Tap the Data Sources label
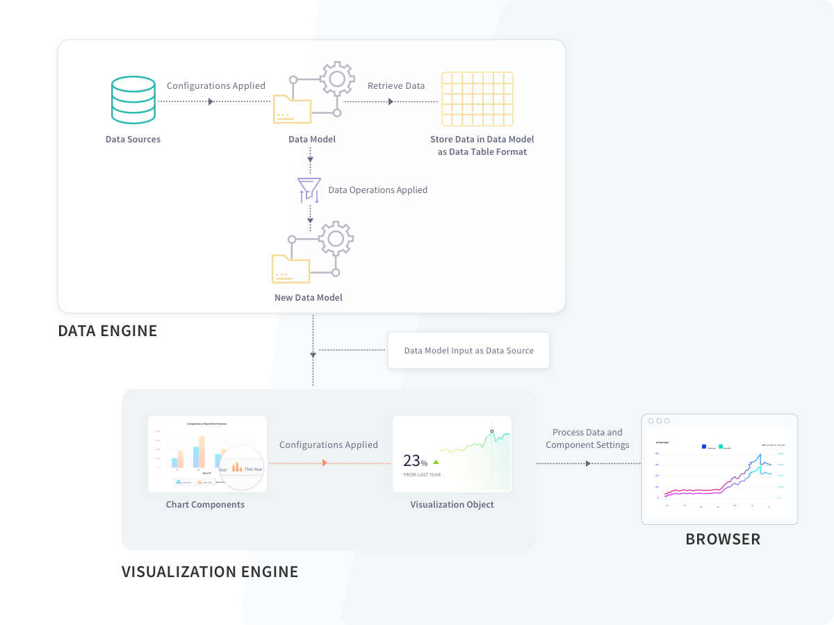tap(133, 140)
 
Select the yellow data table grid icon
tap(477, 98)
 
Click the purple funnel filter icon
tap(309, 190)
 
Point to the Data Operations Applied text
tap(377, 190)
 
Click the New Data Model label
tap(309, 297)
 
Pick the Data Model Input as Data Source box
tap(468, 351)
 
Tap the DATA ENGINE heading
tap(108, 331)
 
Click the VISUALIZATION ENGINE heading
tap(210, 572)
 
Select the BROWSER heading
tap(723, 539)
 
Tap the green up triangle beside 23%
tap(436, 461)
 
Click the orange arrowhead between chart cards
tap(325, 462)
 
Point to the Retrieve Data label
tap(396, 86)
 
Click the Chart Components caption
tap(205, 505)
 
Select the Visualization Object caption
tap(452, 505)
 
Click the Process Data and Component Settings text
tap(587, 438)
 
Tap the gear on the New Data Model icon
tap(336, 240)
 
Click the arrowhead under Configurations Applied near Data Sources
tap(211, 101)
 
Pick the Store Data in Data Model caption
tap(482, 145)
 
